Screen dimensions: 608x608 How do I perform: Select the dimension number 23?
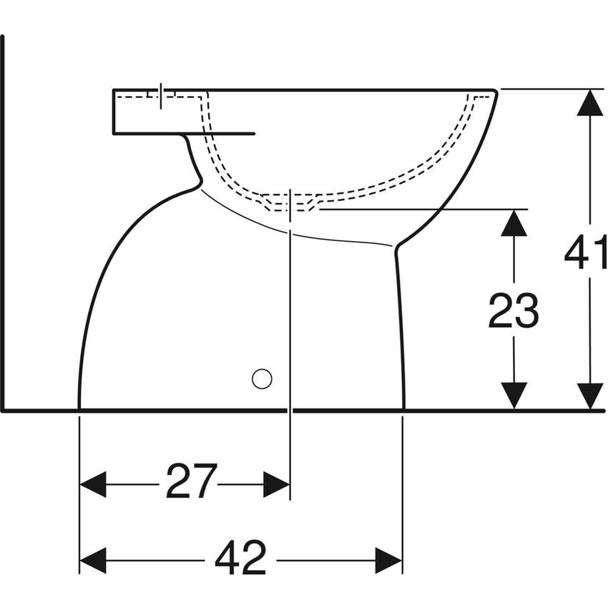point(513,312)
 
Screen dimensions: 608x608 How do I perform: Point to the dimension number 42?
point(240,558)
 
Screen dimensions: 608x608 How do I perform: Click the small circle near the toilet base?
point(262,378)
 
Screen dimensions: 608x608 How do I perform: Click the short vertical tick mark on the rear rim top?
point(161,95)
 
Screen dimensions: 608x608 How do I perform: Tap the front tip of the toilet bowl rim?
point(496,92)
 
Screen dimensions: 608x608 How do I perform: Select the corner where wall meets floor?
point(4,410)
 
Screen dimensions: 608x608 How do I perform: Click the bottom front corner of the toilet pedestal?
point(404,408)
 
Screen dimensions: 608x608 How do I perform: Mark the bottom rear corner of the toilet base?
point(79,408)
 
